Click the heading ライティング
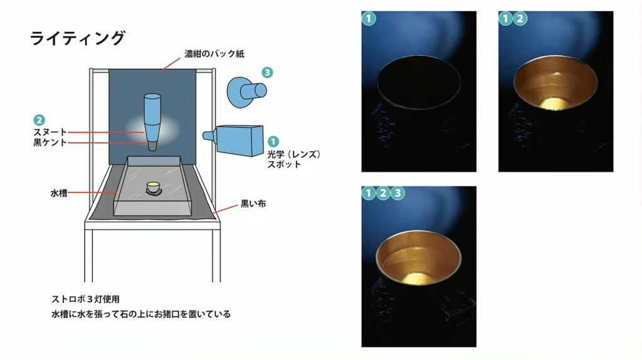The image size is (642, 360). [x=77, y=38]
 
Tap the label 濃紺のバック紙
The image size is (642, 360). [x=214, y=54]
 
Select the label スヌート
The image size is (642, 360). [x=50, y=132]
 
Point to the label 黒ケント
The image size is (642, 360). [x=50, y=142]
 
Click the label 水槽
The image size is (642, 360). [x=59, y=193]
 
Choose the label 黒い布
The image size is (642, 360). [x=253, y=204]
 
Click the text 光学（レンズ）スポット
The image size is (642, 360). [x=293, y=159]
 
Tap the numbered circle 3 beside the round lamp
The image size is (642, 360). [x=267, y=73]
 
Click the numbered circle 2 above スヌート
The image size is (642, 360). [x=39, y=120]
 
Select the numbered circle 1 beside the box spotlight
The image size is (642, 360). [x=273, y=141]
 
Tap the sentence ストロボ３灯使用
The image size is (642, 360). [x=85, y=299]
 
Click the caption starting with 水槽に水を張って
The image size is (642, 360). [x=141, y=314]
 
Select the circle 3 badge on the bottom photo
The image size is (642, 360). [x=397, y=193]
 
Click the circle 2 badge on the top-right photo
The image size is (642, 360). [x=520, y=18]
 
